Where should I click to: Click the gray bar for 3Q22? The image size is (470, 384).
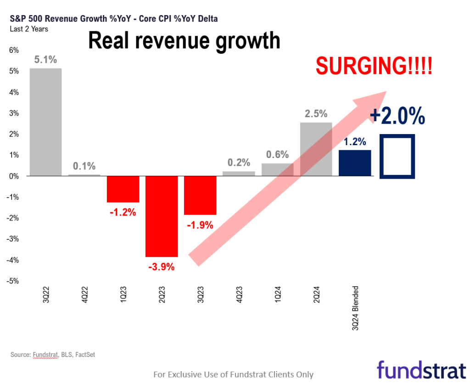pyautogui.click(x=45, y=122)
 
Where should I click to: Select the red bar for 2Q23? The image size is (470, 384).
pyautogui.click(x=162, y=216)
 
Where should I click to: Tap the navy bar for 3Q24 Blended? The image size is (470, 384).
pyautogui.click(x=355, y=163)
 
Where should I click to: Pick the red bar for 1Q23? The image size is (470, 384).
pyautogui.click(x=123, y=189)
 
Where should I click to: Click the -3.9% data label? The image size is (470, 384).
pyautogui.click(x=162, y=266)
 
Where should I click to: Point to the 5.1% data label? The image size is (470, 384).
pyautogui.click(x=45, y=60)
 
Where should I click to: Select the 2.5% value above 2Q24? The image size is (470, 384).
pyautogui.click(x=316, y=113)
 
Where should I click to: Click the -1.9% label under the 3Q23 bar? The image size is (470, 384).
pyautogui.click(x=200, y=225)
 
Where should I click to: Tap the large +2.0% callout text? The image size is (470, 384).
pyautogui.click(x=397, y=116)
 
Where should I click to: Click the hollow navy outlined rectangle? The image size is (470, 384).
pyautogui.click(x=397, y=156)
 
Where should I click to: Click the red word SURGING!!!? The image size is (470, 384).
pyautogui.click(x=374, y=67)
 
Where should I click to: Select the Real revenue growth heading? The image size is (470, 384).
pyautogui.click(x=184, y=40)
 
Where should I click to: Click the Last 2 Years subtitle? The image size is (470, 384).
pyautogui.click(x=29, y=29)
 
